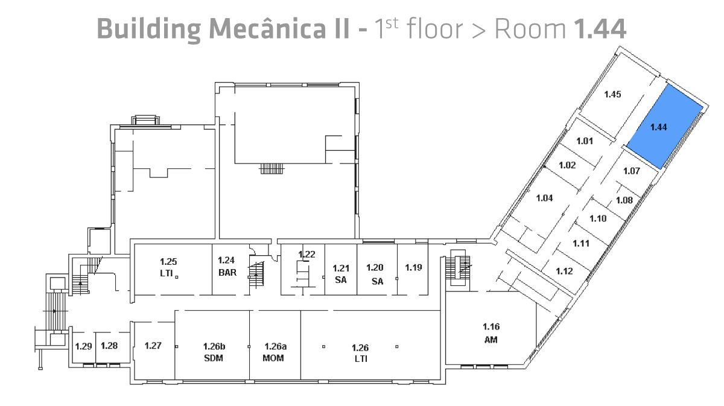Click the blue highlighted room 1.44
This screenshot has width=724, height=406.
664,127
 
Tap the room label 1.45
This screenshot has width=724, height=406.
612,94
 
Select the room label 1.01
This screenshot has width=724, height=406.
585,141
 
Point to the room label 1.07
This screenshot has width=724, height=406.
631,171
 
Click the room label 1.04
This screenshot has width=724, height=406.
544,198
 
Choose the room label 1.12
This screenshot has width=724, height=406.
564,271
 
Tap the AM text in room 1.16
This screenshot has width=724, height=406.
491,340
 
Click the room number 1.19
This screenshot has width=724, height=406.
413,267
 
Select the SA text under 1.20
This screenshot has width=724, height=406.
377,281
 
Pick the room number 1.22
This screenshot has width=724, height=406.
306,255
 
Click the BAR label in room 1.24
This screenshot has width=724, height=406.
227,273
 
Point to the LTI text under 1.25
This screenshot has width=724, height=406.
166,273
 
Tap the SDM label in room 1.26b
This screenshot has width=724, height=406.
214,358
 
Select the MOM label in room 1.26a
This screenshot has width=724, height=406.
273,358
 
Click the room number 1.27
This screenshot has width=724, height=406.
153,346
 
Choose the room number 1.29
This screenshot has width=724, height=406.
83,346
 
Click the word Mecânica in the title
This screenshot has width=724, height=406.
279,28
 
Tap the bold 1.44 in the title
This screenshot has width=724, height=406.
600,29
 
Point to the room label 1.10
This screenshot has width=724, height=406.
598,218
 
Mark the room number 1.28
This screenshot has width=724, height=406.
109,346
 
